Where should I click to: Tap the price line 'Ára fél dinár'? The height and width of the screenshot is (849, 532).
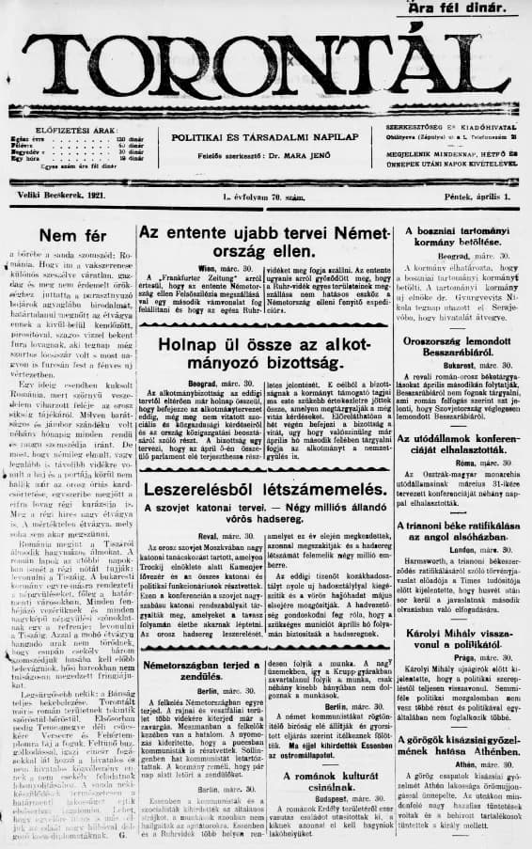[x=465, y=8]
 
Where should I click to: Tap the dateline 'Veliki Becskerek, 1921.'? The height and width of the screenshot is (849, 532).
[x=59, y=195]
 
